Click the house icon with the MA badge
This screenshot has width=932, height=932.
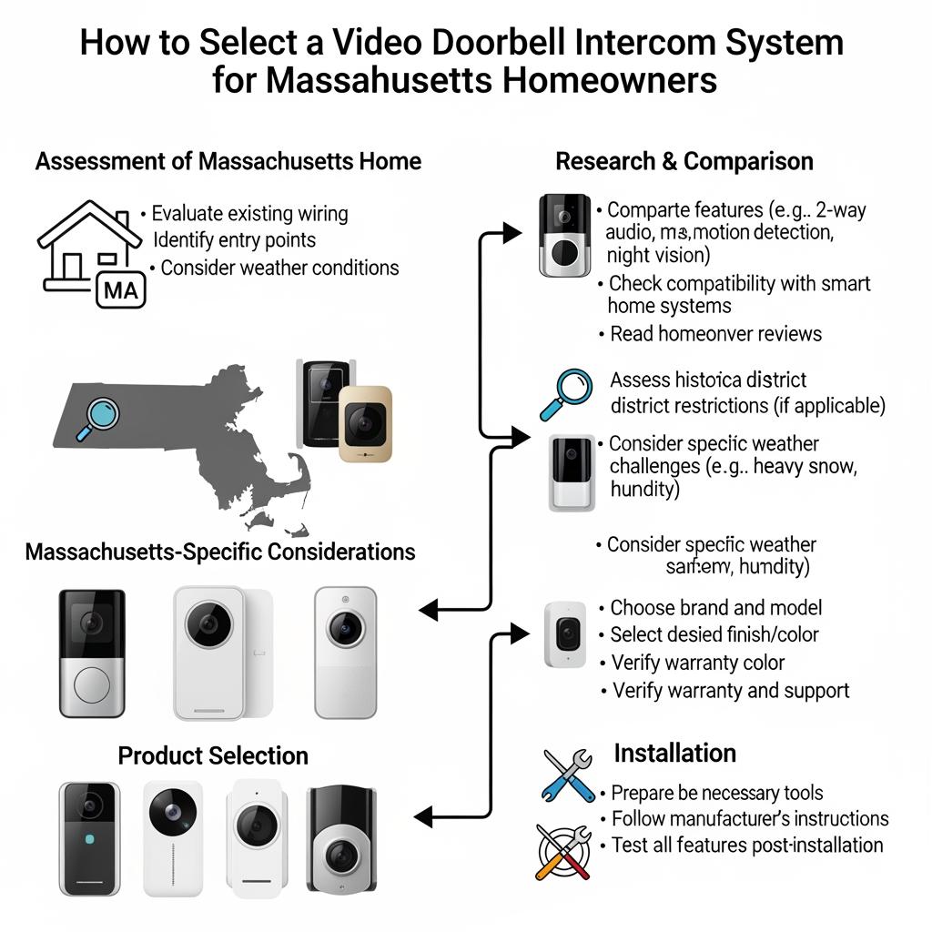(x=89, y=251)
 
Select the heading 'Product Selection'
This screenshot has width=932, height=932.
(x=213, y=755)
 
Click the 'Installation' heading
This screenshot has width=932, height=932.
(x=674, y=753)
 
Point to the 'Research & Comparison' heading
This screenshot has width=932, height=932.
(x=684, y=162)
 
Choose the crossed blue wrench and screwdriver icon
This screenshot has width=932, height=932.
(x=567, y=774)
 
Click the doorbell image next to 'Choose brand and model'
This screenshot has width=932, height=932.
(x=564, y=633)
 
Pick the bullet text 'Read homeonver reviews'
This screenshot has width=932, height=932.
(x=715, y=334)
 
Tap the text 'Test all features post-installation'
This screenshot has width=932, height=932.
(x=746, y=845)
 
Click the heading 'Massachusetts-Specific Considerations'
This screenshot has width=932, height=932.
(x=220, y=552)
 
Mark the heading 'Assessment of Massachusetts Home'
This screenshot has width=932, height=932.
(x=228, y=162)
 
